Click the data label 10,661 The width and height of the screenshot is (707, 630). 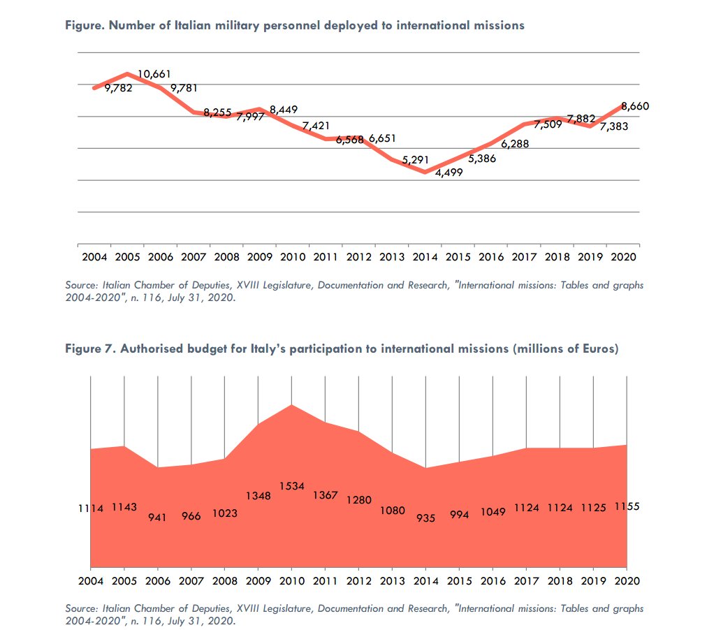(x=154, y=74)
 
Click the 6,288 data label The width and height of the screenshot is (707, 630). (x=515, y=144)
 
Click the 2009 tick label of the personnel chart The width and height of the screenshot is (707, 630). (x=259, y=257)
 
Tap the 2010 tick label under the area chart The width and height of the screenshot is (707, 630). (x=292, y=580)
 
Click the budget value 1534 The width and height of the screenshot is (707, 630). (x=292, y=485)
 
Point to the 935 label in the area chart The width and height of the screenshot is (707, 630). (x=425, y=518)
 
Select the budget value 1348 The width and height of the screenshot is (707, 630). (x=258, y=496)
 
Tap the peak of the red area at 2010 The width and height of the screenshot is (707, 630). (x=292, y=405)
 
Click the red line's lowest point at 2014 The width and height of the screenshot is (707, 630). (x=425, y=173)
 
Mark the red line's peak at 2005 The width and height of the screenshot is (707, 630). (x=126, y=73)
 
